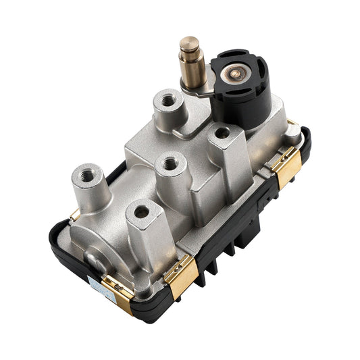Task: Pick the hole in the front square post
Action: [x=141, y=212]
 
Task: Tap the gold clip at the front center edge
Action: [x=180, y=269]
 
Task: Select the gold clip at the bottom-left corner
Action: [x=118, y=292]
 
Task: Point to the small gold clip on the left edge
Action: [x=75, y=215]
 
